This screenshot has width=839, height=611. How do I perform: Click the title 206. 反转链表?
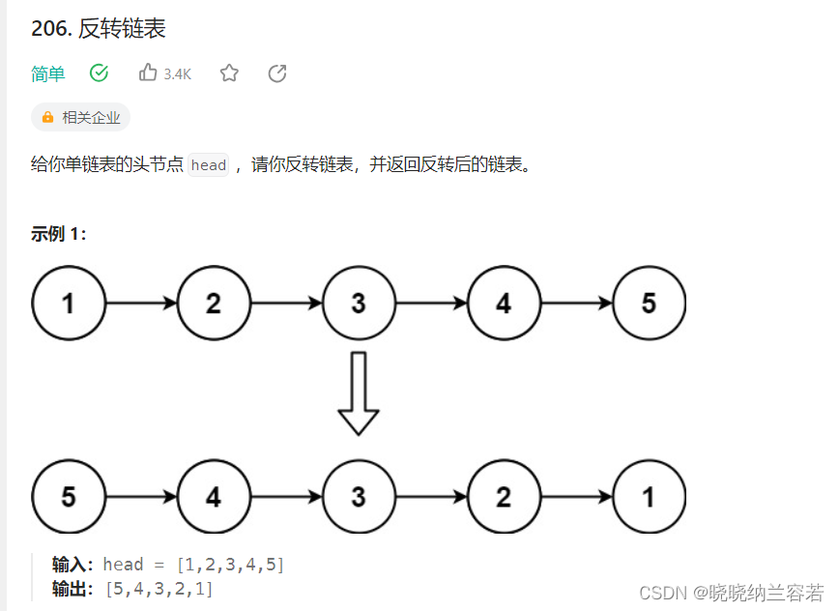pyautogui.click(x=99, y=29)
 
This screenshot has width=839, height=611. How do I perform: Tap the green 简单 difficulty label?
pyautogui.click(x=48, y=73)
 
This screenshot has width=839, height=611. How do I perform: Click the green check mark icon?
pyautogui.click(x=99, y=73)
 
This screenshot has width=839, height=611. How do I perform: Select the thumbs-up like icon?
pyautogui.click(x=148, y=73)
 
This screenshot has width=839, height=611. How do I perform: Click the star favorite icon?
pyautogui.click(x=229, y=73)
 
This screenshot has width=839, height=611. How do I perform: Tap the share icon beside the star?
pyautogui.click(x=277, y=73)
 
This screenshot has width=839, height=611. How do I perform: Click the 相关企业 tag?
pyautogui.click(x=81, y=118)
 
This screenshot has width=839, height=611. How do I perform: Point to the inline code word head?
pyautogui.click(x=209, y=165)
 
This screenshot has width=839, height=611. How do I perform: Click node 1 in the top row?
pyautogui.click(x=69, y=304)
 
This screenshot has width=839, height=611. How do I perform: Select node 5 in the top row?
pyautogui.click(x=649, y=304)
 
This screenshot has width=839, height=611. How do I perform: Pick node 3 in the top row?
pyautogui.click(x=359, y=304)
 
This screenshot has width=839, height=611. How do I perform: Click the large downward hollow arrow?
pyautogui.click(x=359, y=393)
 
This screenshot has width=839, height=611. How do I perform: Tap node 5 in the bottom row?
pyautogui.click(x=69, y=497)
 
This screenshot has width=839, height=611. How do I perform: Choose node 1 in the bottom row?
pyautogui.click(x=649, y=497)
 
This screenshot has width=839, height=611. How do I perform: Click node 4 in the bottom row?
pyautogui.click(x=214, y=497)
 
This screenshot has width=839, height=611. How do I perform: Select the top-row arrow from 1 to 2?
pyautogui.click(x=141, y=304)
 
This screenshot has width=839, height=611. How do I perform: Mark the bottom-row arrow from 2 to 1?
pyautogui.click(x=576, y=497)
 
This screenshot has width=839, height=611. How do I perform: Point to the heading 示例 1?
pyautogui.click(x=59, y=234)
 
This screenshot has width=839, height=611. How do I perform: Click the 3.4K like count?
pyautogui.click(x=178, y=74)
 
